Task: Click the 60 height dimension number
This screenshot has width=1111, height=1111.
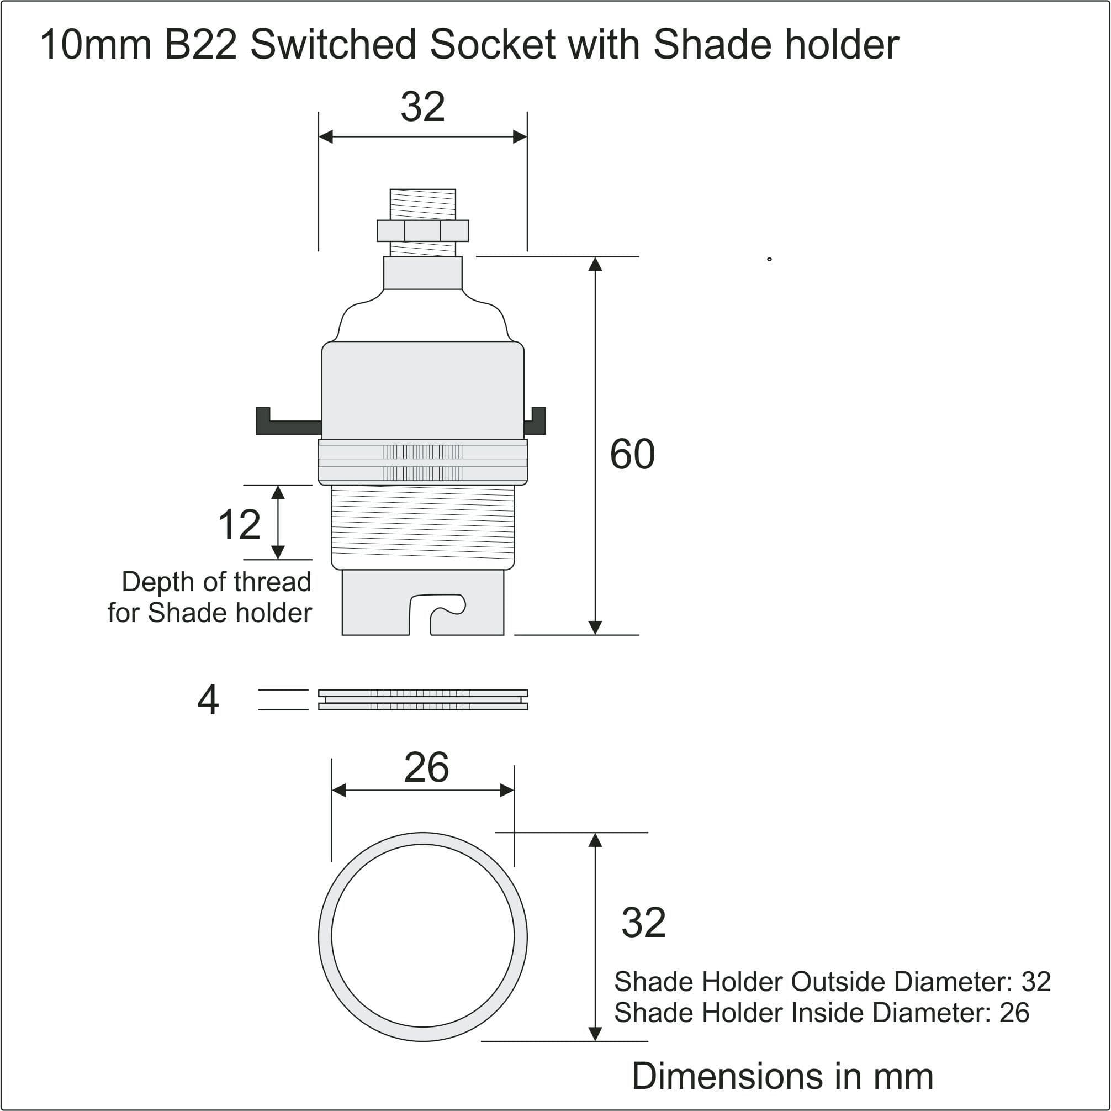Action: point(632,455)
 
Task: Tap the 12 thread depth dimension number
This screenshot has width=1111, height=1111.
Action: point(239,524)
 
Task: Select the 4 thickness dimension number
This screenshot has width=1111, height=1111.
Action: point(208,700)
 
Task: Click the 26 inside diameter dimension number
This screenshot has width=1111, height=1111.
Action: point(426,767)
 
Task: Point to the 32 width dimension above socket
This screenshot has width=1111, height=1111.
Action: point(422,107)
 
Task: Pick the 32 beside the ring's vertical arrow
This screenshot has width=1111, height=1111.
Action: point(643,922)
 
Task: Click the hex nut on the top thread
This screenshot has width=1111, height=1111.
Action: point(422,231)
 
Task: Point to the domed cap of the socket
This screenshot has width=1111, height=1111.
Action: point(422,319)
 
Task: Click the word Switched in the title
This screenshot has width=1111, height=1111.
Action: point(333,45)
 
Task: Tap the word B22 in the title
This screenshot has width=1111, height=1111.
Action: point(200,45)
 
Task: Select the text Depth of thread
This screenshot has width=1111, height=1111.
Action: point(216,582)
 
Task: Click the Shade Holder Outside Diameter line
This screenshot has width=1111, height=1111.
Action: point(832,982)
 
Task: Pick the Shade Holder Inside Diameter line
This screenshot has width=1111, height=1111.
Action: point(821,1013)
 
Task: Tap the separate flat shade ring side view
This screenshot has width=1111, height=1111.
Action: point(422,699)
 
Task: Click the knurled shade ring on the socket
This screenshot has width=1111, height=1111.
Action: point(422,462)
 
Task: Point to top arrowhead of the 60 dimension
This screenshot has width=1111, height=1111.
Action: point(595,265)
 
